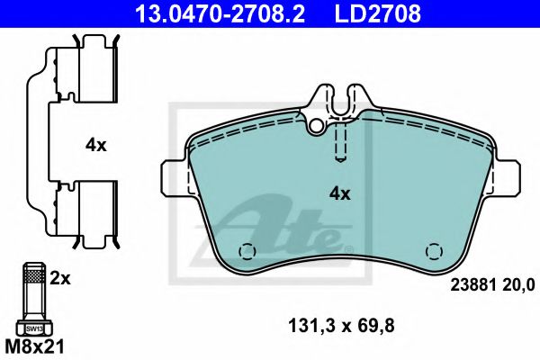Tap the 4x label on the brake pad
[x=339, y=193]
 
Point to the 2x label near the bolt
[x=59, y=279]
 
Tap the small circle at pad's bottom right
[x=434, y=252]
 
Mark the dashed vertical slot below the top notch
[x=339, y=142]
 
